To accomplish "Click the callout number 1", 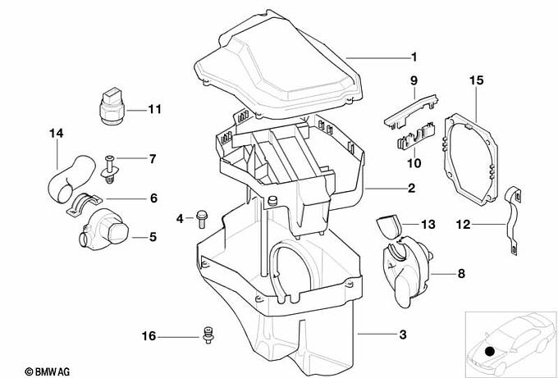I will pyautogui.click(x=414, y=57).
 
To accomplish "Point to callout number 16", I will pyautogui.click(x=149, y=336).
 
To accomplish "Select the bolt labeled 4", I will pyautogui.click(x=200, y=217).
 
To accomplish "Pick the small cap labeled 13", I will pyautogui.click(x=387, y=225).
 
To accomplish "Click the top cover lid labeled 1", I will pyautogui.click(x=279, y=70).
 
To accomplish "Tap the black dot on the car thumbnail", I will pyautogui.click(x=490, y=351).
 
